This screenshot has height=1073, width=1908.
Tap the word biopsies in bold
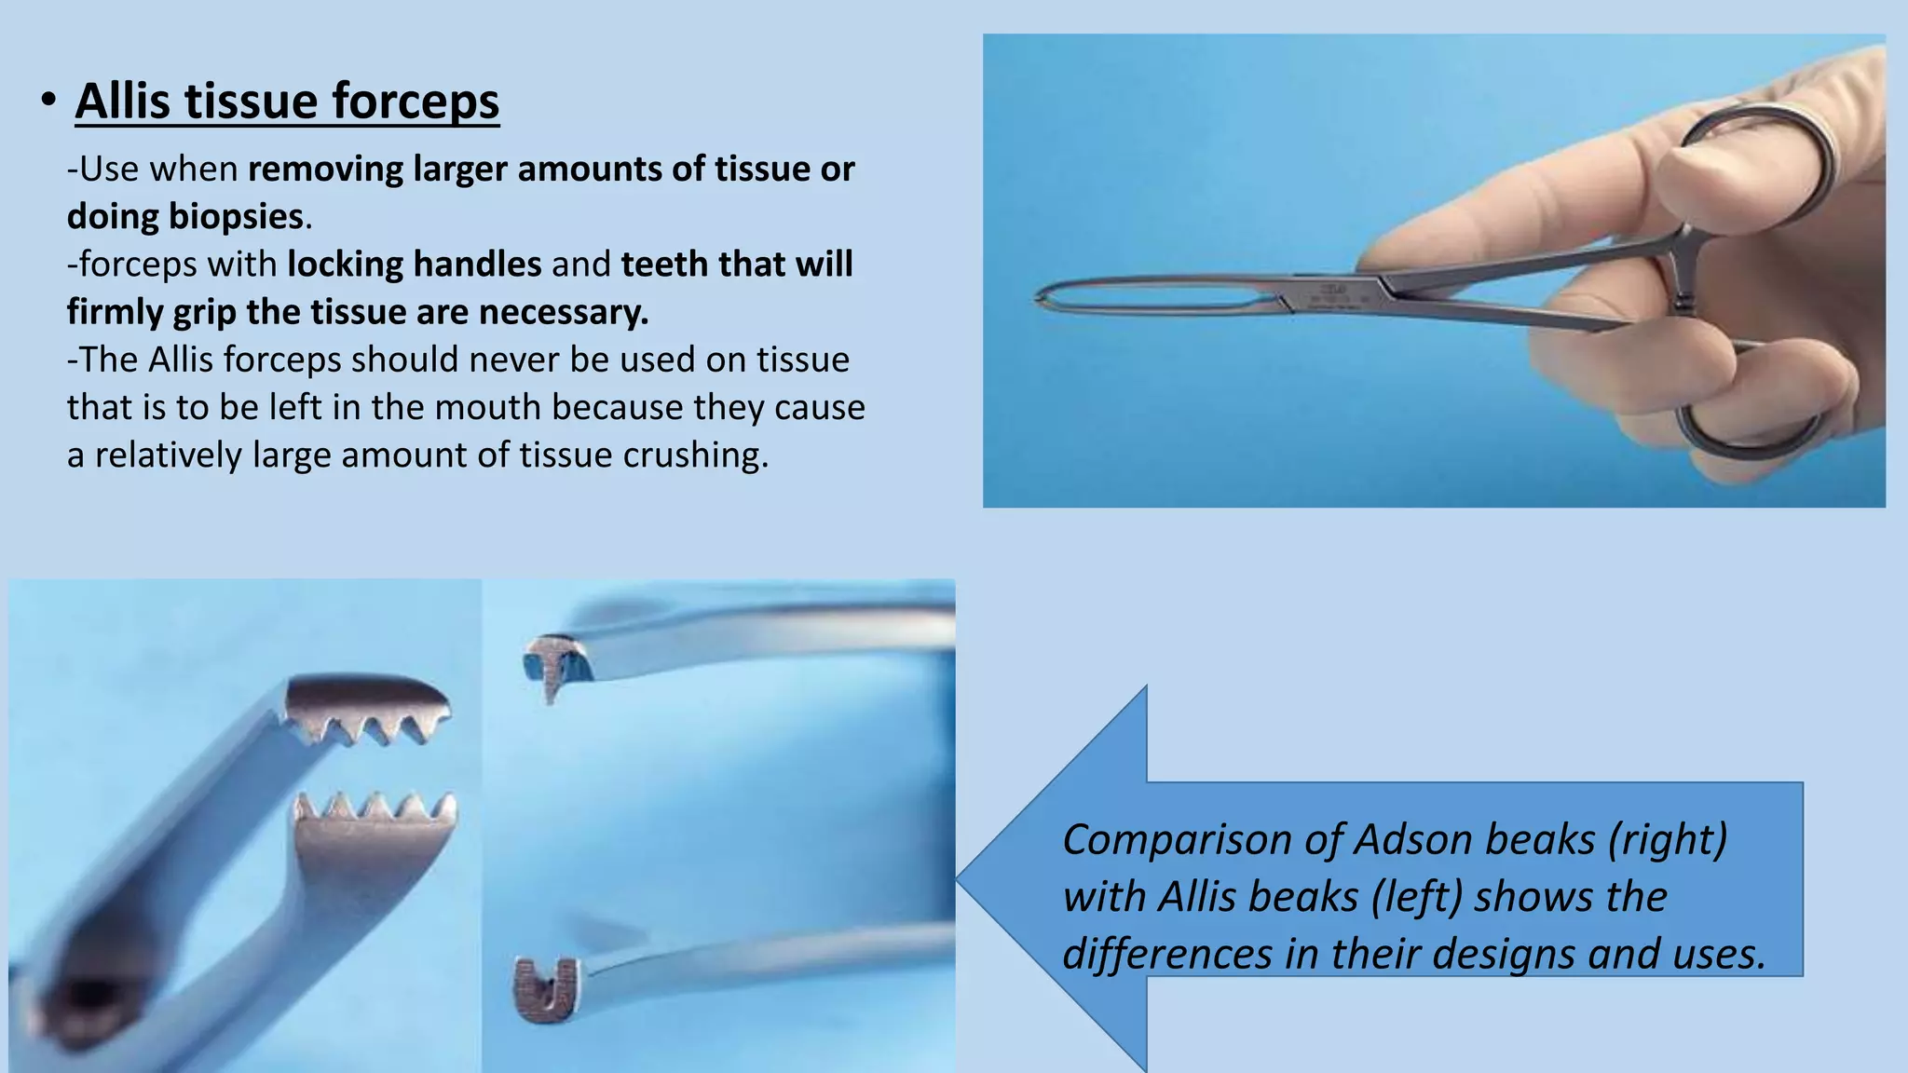point(236,217)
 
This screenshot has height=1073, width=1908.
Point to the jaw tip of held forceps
point(1041,298)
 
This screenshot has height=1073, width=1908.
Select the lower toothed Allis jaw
point(377,820)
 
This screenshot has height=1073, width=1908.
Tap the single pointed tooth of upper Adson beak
point(550,685)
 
